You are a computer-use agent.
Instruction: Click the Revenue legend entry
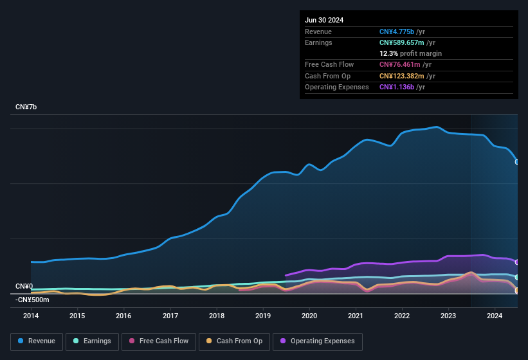[x=37, y=341]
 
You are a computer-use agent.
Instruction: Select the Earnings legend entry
[x=93, y=341]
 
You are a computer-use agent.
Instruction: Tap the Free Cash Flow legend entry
[x=159, y=341]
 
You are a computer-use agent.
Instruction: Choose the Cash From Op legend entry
[x=234, y=341]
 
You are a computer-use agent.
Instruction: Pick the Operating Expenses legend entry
[x=318, y=341]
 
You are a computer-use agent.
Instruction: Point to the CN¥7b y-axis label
[x=26, y=107]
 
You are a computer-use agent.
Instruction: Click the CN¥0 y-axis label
[x=24, y=286]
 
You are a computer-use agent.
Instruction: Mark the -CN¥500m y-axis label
[x=32, y=300]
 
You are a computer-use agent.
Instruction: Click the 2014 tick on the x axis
[x=31, y=316]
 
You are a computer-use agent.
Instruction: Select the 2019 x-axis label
[x=263, y=316]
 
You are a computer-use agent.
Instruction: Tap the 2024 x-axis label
[x=495, y=316]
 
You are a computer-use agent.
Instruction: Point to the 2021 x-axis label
[x=356, y=316]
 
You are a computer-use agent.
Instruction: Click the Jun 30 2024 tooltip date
[x=324, y=20]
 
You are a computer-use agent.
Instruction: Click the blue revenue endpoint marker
[x=517, y=162]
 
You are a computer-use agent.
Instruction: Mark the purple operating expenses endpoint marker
[x=517, y=262]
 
